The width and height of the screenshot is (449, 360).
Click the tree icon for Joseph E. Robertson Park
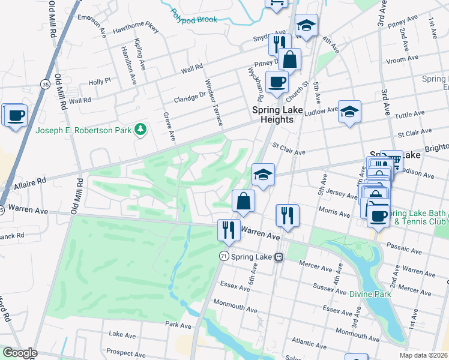140,130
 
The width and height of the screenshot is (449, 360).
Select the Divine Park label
371,294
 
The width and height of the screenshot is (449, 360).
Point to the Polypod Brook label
193,16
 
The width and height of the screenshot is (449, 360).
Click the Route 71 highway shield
223,256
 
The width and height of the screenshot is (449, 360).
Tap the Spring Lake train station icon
279,256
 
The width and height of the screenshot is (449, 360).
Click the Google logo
20,353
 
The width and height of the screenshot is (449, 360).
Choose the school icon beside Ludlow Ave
349,112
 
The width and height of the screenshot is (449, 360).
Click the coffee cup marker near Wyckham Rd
277,82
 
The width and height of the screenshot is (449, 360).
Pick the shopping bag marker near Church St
289,60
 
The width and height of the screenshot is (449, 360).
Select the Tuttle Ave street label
410,115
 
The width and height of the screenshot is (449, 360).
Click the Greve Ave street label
168,127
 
